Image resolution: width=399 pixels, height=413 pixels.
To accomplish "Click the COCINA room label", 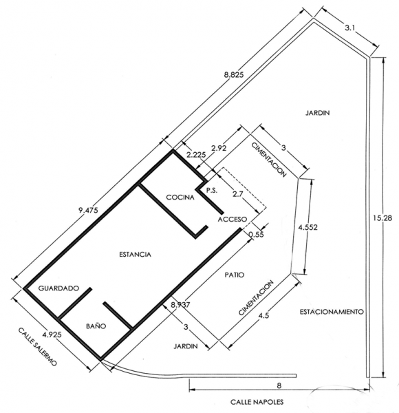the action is [180, 197].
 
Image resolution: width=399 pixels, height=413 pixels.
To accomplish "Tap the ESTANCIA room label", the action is [136, 255].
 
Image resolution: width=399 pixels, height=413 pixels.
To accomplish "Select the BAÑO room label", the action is [96, 326].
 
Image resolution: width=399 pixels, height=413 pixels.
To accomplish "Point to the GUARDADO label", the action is [58, 288].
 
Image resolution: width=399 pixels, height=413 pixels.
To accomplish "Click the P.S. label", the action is [212, 191].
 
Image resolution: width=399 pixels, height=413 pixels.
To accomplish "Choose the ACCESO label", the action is [233, 219].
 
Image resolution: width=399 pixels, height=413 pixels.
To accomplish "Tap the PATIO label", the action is [235, 275].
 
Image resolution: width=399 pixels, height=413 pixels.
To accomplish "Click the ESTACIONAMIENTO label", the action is [332, 312].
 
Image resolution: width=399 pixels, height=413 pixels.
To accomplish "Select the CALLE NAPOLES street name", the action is [257, 402].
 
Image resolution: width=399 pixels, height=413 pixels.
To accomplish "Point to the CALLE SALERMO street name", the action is [37, 346].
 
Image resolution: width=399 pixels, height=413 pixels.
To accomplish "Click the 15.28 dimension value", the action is [382, 218].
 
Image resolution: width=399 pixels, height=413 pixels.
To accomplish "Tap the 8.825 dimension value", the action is [234, 74].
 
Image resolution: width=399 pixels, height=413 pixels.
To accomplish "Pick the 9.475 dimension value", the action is [88, 210].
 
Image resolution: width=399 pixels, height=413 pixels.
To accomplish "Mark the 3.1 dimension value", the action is [350, 28].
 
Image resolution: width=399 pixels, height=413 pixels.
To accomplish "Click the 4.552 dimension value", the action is [308, 227].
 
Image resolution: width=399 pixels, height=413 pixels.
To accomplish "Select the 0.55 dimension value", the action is [256, 234].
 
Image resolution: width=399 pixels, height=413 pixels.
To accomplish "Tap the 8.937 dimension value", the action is [180, 305].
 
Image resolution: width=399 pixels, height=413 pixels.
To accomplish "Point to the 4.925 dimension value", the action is [52, 335].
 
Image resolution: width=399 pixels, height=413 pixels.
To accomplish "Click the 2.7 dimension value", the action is [239, 194].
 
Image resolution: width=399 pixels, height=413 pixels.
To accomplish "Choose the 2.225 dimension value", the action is [196, 155].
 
